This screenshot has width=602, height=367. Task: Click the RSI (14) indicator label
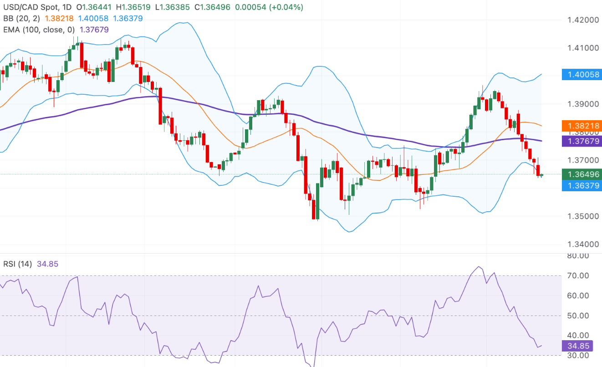click(x=18, y=264)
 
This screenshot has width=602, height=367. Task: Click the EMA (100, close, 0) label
click(x=38, y=30)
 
